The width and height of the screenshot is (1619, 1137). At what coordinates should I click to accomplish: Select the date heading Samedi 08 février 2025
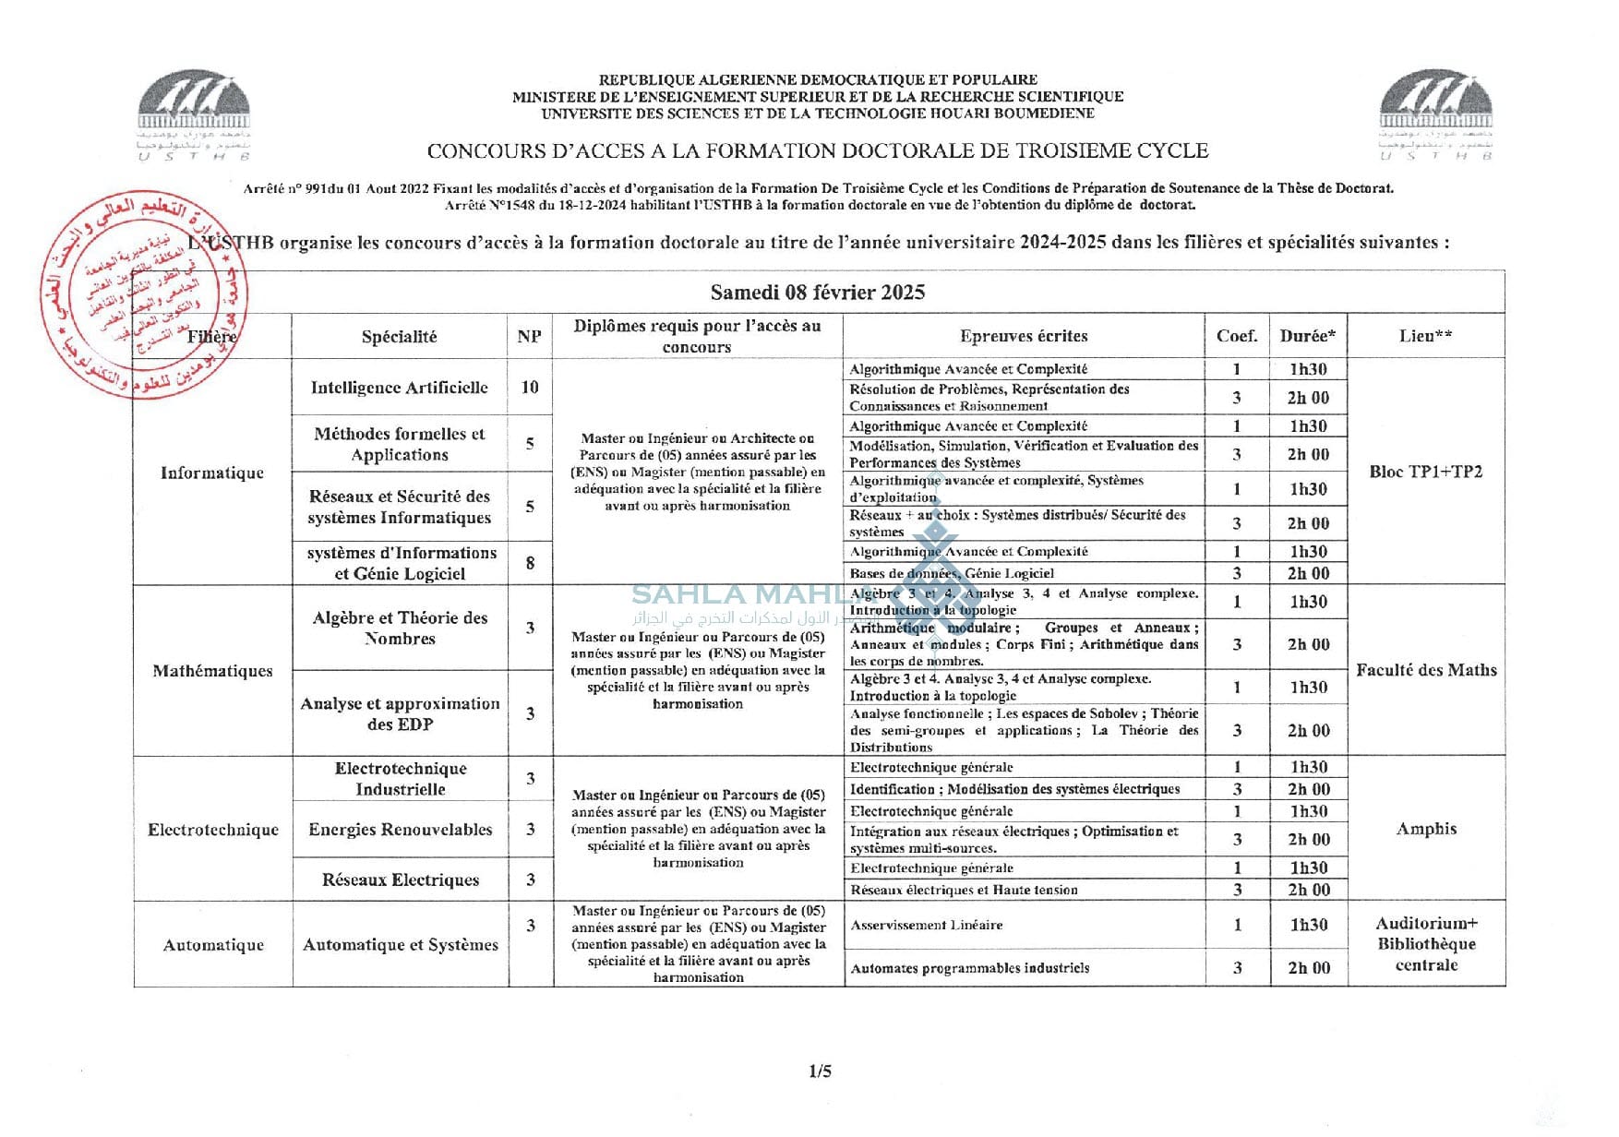coord(817,293)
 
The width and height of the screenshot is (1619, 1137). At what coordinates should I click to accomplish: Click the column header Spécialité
coord(399,337)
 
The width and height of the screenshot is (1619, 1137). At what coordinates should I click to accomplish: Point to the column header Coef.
coord(1236,336)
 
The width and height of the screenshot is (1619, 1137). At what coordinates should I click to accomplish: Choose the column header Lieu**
coord(1425,336)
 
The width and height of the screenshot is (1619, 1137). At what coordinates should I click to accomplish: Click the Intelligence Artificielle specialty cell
coord(399,388)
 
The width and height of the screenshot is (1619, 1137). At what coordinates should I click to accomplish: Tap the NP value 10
coord(530,388)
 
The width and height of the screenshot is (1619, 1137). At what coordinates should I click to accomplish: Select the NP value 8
coord(530,563)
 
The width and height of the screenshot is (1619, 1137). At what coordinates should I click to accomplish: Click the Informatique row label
coord(212,473)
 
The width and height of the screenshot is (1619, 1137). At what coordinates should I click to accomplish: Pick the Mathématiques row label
coord(212,671)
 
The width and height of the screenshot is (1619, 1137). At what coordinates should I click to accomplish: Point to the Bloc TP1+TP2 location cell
coord(1425,472)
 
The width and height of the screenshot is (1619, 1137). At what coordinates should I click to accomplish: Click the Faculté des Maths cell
coord(1425,670)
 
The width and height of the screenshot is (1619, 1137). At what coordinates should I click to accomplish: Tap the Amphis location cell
coord(1425,829)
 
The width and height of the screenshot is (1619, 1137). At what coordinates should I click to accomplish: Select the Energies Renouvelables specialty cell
coord(400,830)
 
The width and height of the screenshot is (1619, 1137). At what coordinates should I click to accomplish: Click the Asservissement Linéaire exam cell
coord(927,925)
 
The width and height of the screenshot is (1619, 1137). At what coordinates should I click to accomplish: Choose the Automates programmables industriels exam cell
coord(969,968)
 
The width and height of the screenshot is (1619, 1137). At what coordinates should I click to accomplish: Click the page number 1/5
coord(820,1071)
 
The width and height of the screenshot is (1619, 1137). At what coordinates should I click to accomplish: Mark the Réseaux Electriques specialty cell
coord(400,880)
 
